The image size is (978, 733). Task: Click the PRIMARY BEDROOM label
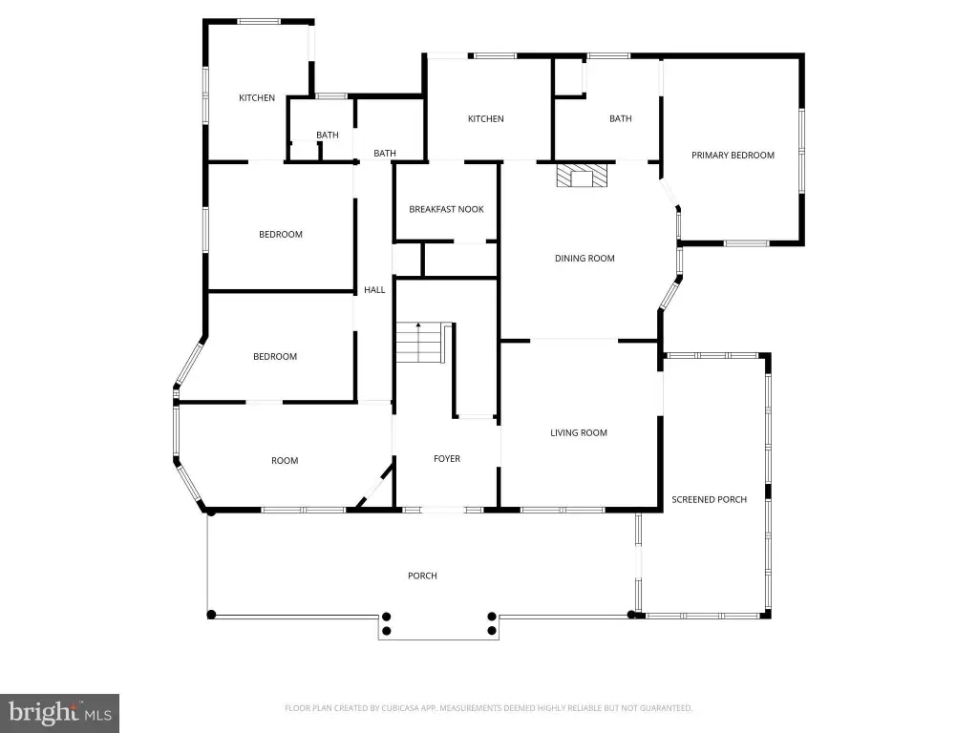[733, 156]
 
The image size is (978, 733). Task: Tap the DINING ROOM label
[585, 258]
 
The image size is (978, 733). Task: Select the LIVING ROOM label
[578, 432]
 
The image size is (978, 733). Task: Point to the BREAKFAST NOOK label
[446, 209]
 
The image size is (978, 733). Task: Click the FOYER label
[447, 459]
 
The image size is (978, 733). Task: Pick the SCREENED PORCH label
[710, 499]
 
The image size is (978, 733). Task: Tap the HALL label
[374, 290]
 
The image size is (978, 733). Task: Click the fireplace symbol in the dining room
[582, 176]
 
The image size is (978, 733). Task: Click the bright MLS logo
[59, 712]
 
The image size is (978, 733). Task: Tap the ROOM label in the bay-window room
[285, 461]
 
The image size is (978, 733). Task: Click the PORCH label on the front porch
[422, 576]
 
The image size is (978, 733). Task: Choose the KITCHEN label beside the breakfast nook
[486, 119]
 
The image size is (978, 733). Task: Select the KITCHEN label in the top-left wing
[257, 98]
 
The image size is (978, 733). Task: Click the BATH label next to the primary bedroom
[621, 118]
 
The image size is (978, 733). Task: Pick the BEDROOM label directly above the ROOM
[275, 357]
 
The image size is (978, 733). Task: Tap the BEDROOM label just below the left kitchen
[281, 235]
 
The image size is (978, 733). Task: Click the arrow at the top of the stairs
[418, 325]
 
